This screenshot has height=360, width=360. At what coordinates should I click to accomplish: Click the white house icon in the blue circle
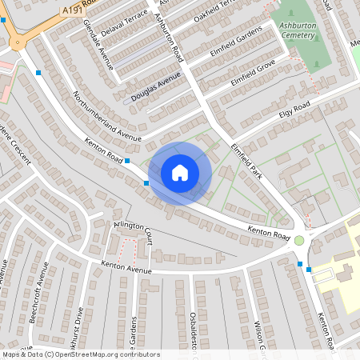[x=180, y=173]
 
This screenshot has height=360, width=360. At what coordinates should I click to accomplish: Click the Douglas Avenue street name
[x=157, y=87]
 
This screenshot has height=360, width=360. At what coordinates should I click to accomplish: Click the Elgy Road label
[x=294, y=110]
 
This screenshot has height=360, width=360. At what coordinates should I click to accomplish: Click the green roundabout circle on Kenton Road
[x=299, y=240]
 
